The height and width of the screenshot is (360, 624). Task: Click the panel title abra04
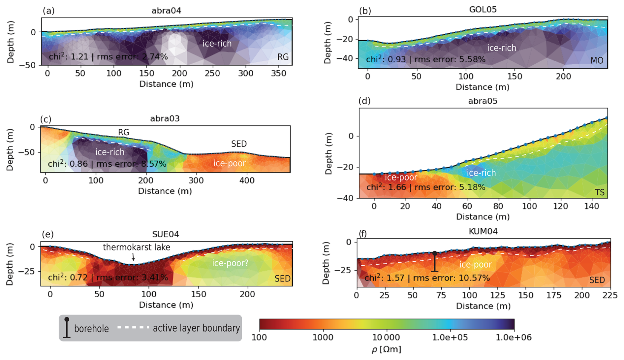[166, 11]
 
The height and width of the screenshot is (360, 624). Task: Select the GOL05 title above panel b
[483, 9]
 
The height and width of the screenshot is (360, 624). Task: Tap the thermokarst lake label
[137, 247]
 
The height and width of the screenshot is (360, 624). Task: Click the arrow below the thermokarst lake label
[133, 257]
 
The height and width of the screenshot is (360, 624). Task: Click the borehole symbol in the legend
[67, 328]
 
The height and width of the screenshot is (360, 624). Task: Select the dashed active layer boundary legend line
[133, 328]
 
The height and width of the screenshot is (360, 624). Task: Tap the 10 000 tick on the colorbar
[386, 338]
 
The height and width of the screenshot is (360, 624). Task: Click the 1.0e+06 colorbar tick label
[514, 338]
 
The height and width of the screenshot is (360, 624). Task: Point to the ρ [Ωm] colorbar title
[386, 349]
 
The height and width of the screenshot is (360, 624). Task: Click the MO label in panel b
[597, 61]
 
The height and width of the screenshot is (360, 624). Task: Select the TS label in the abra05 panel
[599, 192]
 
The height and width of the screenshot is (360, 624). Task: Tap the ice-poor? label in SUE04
[230, 263]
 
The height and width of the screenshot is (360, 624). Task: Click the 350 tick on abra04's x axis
[279, 73]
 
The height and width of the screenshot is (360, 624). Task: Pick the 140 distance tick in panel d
[592, 206]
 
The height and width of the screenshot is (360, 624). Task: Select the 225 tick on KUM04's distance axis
[610, 295]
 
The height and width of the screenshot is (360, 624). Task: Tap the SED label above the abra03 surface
[239, 144]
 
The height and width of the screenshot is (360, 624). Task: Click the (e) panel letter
[48, 234]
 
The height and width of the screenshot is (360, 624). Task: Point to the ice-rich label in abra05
[481, 173]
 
